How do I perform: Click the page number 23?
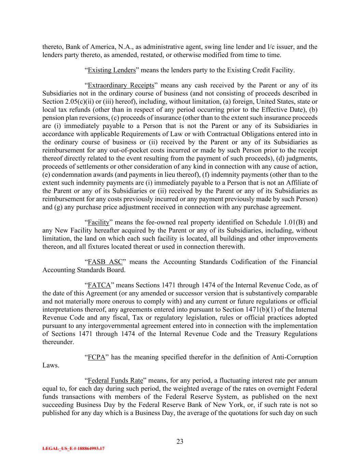180,441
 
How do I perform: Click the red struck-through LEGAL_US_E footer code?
73,449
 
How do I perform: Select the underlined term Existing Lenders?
112,70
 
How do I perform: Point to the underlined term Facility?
98,222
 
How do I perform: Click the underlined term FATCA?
99,285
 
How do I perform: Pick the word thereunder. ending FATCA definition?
58,342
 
